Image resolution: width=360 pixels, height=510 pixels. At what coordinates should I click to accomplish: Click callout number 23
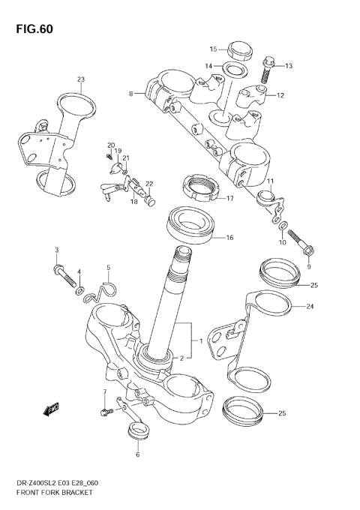coord(80,79)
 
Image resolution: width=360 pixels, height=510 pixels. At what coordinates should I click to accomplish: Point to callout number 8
coord(131,94)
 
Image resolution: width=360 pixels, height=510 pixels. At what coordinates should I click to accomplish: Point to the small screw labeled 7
coord(105,411)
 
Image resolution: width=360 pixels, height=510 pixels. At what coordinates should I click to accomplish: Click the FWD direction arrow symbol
coord(51,409)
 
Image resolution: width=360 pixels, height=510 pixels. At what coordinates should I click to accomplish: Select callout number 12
coord(280,95)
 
